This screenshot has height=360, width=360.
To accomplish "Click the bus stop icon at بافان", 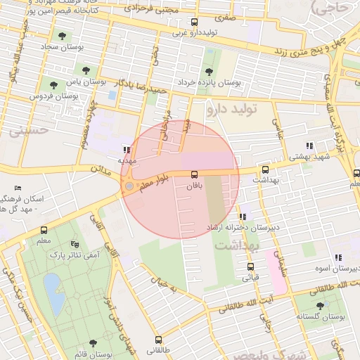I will point(194,174).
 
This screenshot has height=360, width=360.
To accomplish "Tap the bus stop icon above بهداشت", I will point(265,169).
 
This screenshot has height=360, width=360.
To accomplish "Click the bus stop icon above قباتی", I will point(250,266).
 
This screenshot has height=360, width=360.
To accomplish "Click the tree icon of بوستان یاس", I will point(86,70).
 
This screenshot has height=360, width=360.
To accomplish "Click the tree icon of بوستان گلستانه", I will point(321,305).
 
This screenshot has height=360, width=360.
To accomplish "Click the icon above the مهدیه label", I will point(126,150).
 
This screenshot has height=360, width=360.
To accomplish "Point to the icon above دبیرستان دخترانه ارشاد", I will point(243,217).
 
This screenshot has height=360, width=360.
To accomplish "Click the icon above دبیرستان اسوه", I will point(337,257).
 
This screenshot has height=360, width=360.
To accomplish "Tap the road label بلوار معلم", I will point(153,183).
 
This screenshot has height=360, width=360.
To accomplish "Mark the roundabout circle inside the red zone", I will point(129,186).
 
